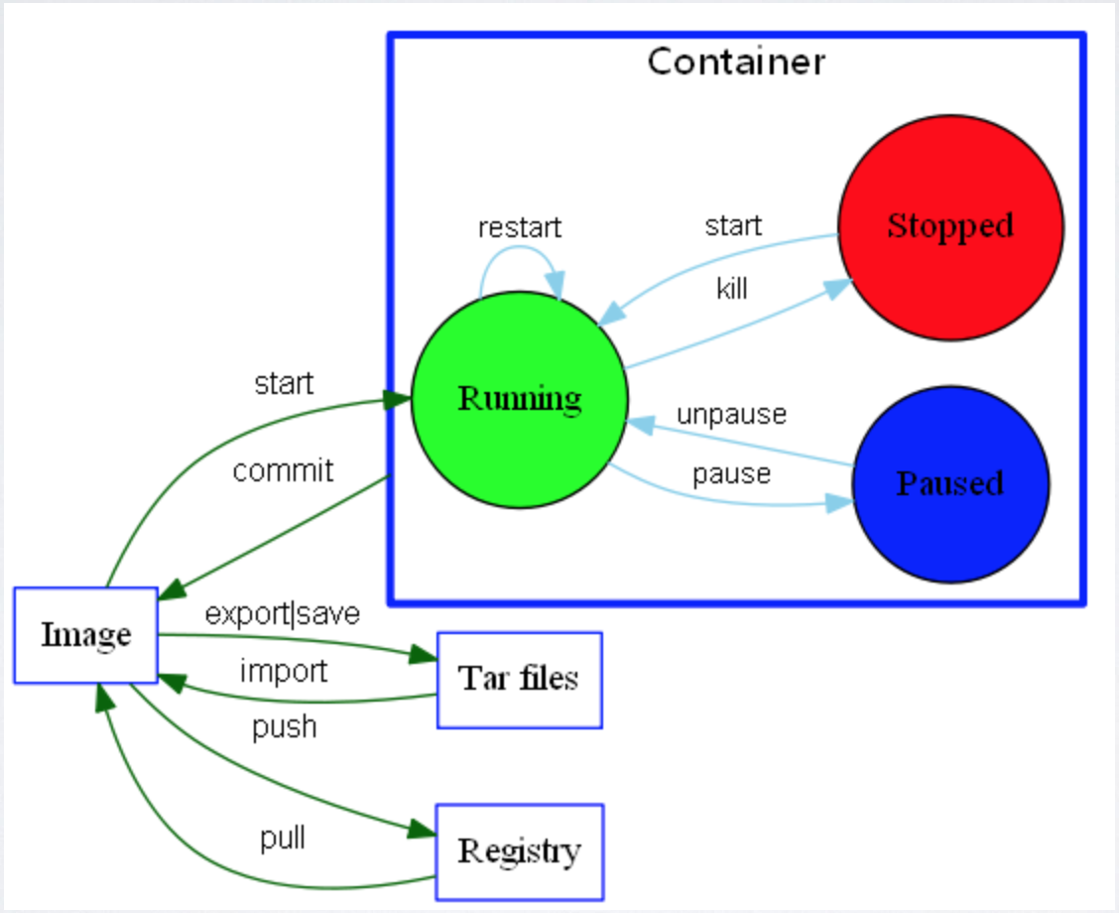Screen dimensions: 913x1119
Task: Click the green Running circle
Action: coord(519,399)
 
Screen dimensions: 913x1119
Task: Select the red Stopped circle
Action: coord(950,226)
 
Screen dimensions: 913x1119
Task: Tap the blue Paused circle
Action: coord(950,483)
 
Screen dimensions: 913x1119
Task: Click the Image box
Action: coord(85,635)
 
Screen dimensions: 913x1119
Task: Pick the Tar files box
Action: coord(519,680)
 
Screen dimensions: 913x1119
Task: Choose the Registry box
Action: coord(519,851)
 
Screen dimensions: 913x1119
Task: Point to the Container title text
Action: coord(736,63)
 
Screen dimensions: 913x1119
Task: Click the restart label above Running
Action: coord(519,227)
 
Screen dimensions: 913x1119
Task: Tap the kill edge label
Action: coord(732,289)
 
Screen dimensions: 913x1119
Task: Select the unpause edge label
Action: coord(731,414)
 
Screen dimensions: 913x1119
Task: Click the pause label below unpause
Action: coord(731,474)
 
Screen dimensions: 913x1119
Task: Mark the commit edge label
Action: coord(283,470)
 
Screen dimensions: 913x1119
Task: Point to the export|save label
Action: coord(283,614)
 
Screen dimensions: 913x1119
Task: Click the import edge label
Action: coord(283,672)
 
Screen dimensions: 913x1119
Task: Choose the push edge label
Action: coord(284,727)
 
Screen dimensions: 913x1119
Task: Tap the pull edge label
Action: coord(283,840)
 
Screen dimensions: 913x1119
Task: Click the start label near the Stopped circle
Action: coord(733,226)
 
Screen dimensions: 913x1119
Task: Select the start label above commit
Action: coord(284,383)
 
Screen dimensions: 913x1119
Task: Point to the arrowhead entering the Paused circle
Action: coord(839,504)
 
